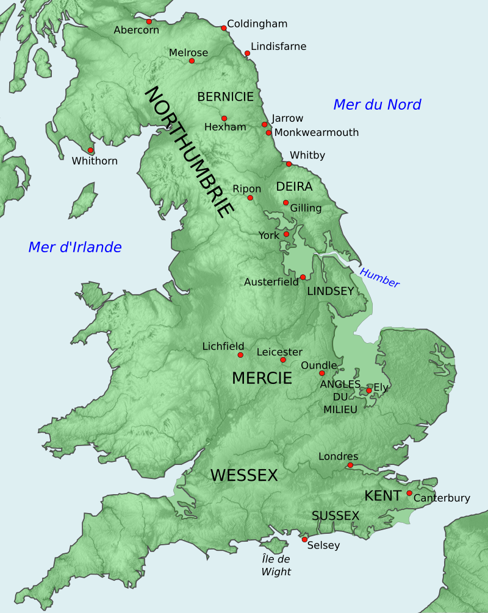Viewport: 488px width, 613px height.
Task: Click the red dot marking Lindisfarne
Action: [247, 54]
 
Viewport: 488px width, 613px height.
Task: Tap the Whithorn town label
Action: [95, 161]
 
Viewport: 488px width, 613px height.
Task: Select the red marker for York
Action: [286, 234]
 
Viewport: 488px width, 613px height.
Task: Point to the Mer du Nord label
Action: [377, 105]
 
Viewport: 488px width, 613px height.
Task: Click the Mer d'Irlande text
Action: [75, 247]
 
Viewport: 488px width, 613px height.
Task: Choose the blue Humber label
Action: [379, 278]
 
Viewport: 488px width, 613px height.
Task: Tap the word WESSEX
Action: [244, 475]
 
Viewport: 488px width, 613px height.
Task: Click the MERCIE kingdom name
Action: [262, 378]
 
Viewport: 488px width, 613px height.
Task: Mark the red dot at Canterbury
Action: [409, 493]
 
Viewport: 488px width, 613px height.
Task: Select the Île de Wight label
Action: [276, 565]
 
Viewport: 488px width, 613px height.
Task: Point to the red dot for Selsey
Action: [304, 539]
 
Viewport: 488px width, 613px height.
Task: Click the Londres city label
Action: [338, 456]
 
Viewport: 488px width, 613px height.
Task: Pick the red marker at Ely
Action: [368, 391]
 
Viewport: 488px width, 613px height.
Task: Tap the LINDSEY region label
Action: [330, 291]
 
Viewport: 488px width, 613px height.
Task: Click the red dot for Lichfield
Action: [240, 355]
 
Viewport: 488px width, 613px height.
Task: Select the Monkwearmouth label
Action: [317, 132]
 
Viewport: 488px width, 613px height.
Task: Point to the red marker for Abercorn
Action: [149, 21]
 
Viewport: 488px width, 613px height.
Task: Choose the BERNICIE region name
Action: [225, 97]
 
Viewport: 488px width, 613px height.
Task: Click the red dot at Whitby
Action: [289, 164]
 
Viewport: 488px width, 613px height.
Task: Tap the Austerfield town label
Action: [271, 282]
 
